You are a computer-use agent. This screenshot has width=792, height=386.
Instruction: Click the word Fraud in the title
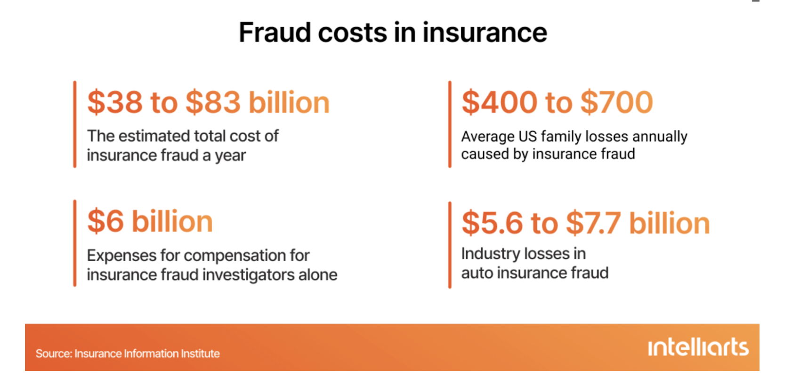275,32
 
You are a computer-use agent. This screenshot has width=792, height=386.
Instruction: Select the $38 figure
115,102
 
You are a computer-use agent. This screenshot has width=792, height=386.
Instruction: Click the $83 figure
213,102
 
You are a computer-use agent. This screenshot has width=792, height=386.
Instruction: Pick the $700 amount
617,102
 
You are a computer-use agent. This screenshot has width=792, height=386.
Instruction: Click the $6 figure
105,221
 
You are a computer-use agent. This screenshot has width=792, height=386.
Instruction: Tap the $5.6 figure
492,223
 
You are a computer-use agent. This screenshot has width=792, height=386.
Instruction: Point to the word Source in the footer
54,354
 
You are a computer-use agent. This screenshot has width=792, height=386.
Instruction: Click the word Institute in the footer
200,354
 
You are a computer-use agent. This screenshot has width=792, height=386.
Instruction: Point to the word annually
660,137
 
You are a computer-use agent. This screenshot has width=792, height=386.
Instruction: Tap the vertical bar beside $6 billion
75,243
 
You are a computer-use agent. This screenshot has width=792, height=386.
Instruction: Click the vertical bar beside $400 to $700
450,124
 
